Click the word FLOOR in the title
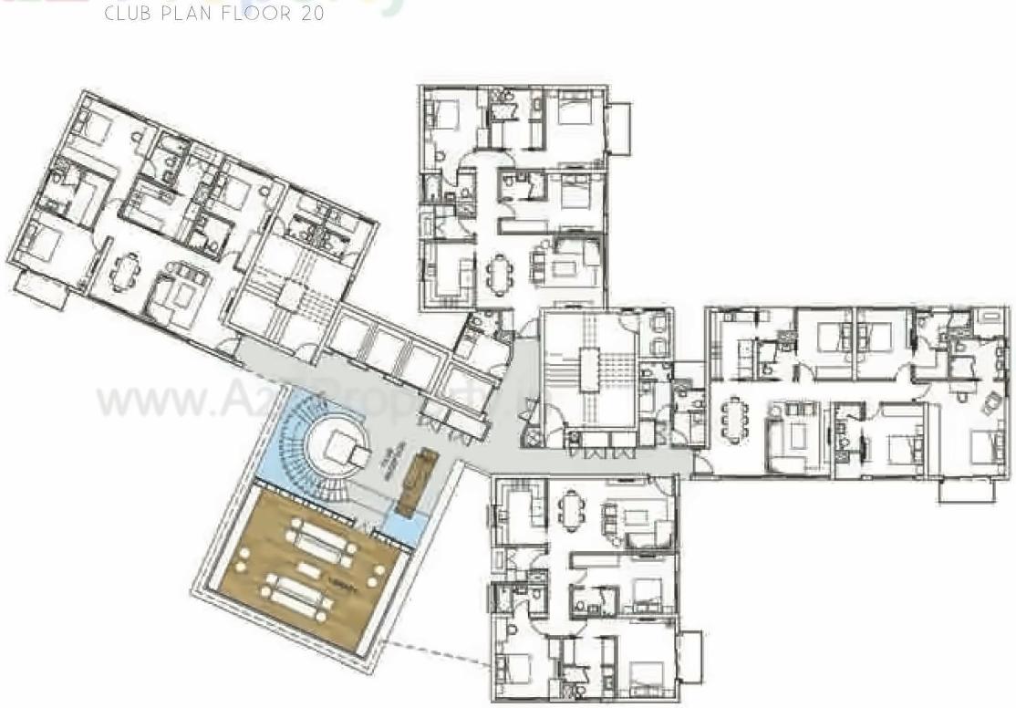[x=252, y=14]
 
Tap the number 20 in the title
[x=310, y=14]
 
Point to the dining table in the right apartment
[x=734, y=422]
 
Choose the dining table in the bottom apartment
[x=570, y=509]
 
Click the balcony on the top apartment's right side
[x=619, y=128]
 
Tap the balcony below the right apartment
[x=965, y=491]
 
